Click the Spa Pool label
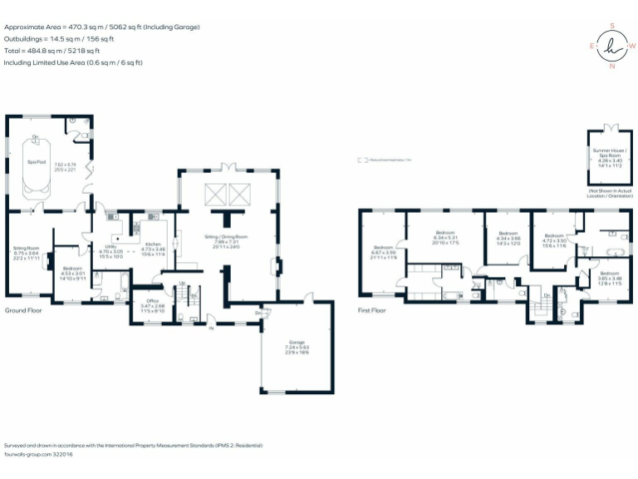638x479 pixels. point(35,160)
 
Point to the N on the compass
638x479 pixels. point(612,66)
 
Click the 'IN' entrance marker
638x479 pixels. point(211,329)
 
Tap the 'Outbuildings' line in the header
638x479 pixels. point(59,38)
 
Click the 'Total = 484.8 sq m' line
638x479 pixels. point(52,50)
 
